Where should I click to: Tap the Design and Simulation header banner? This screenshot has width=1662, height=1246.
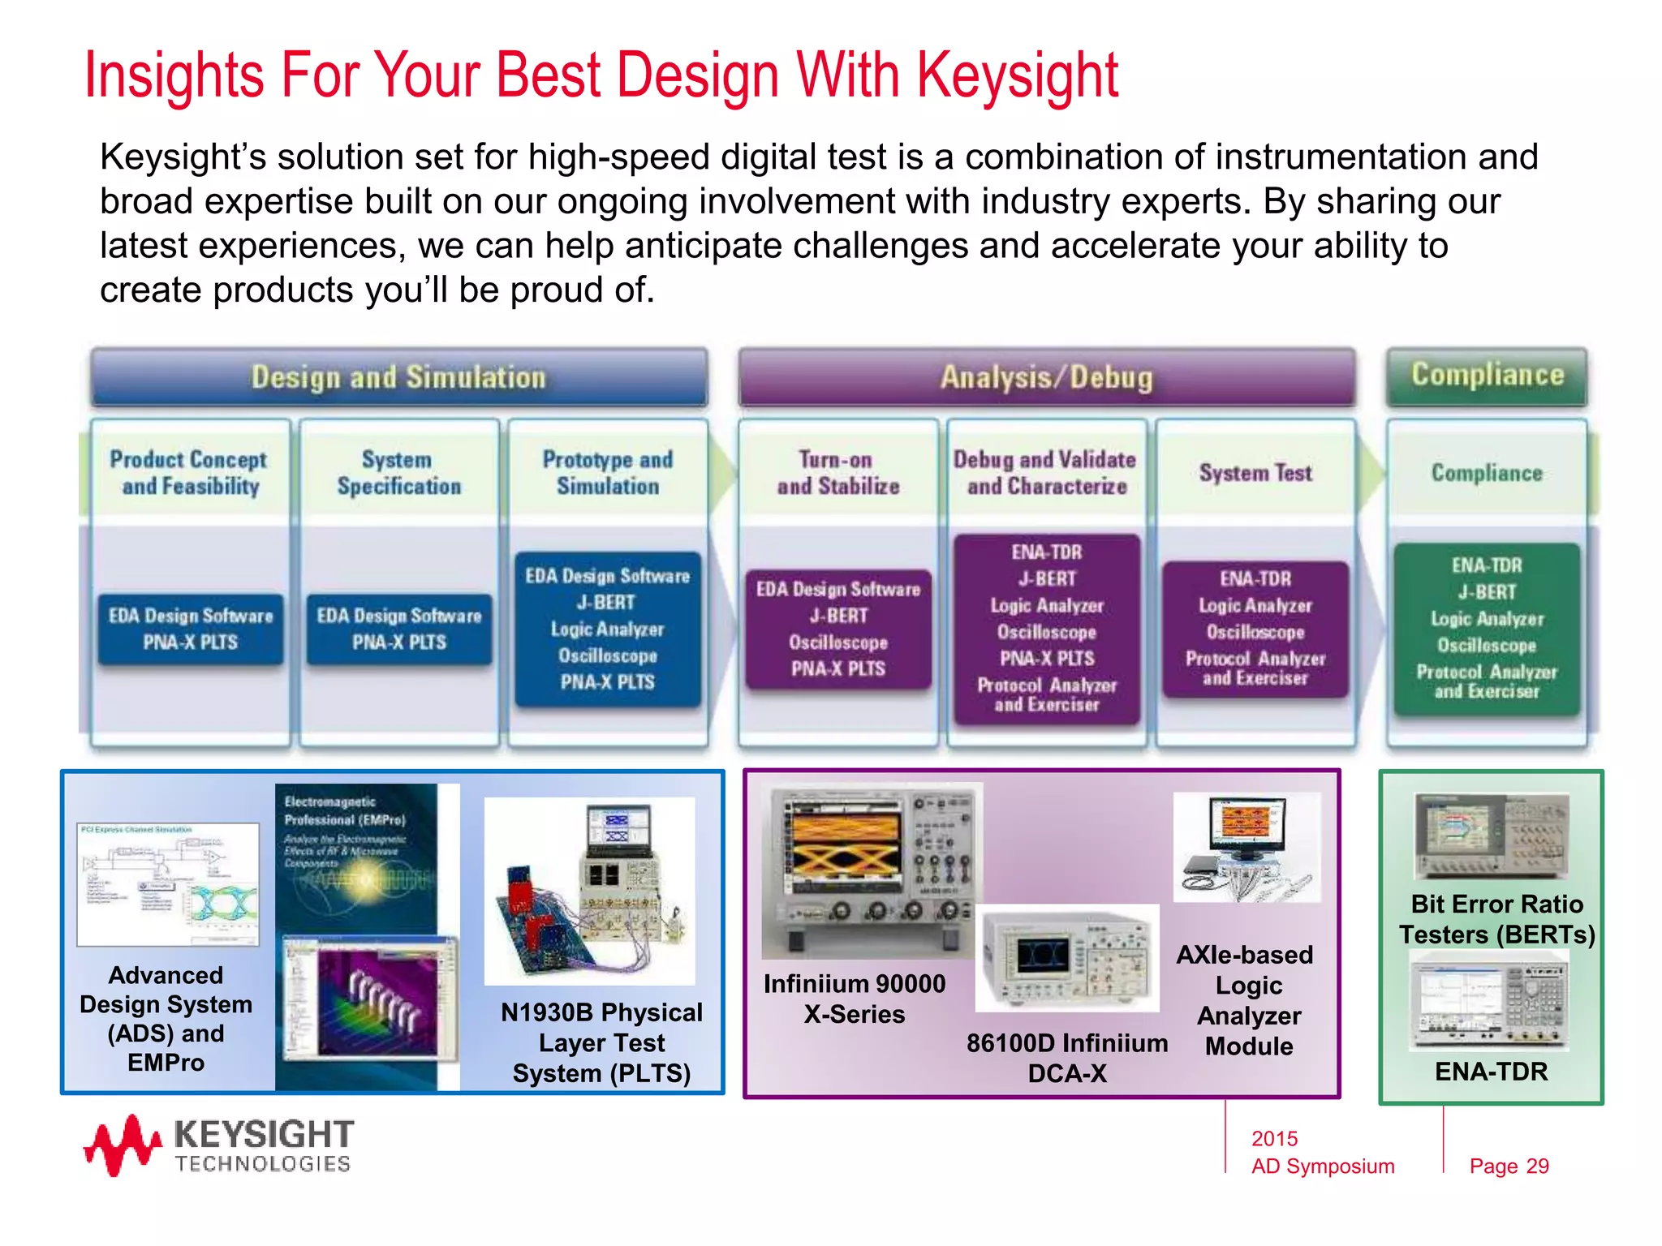(x=398, y=377)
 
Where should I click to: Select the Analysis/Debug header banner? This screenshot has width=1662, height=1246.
(x=1046, y=377)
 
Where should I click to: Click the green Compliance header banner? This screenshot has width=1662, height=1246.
(x=1487, y=376)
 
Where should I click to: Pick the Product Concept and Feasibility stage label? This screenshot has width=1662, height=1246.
(x=189, y=473)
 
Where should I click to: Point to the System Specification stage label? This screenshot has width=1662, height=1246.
(x=398, y=473)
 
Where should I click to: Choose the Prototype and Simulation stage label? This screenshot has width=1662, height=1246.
(x=608, y=473)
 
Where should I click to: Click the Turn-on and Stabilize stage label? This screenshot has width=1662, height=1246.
(x=837, y=473)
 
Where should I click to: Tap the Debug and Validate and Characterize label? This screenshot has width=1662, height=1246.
(x=1045, y=473)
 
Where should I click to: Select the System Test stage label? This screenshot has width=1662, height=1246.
(x=1255, y=473)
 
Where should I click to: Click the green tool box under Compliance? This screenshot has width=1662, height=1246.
(x=1487, y=629)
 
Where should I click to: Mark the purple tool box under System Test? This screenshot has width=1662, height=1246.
(x=1255, y=629)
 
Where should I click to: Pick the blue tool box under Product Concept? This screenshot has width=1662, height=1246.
(x=191, y=629)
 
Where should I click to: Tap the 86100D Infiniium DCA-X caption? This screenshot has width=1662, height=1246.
(x=1066, y=1058)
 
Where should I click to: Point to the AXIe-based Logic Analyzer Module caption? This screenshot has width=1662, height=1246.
(x=1247, y=999)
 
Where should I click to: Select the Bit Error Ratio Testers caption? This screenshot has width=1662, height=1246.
(x=1496, y=919)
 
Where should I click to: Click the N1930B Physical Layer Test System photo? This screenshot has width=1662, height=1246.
(x=590, y=891)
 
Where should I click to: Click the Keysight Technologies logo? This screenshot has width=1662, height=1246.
(x=219, y=1145)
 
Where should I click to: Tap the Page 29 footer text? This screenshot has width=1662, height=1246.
(x=1509, y=1166)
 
